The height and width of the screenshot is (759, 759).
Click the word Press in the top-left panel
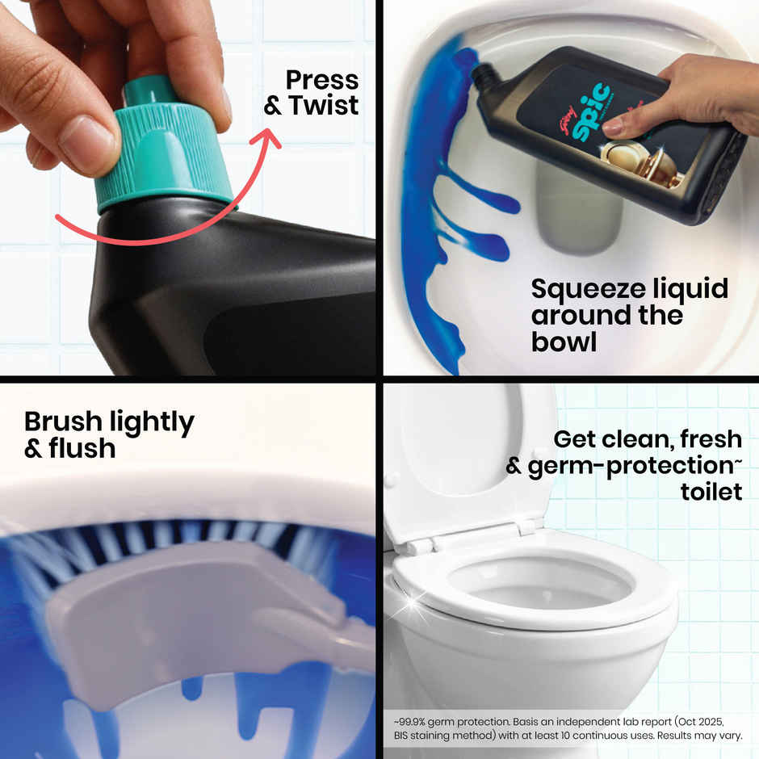[x=322, y=80]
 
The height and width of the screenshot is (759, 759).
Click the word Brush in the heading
[x=62, y=422]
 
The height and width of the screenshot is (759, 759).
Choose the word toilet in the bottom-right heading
[x=711, y=491]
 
